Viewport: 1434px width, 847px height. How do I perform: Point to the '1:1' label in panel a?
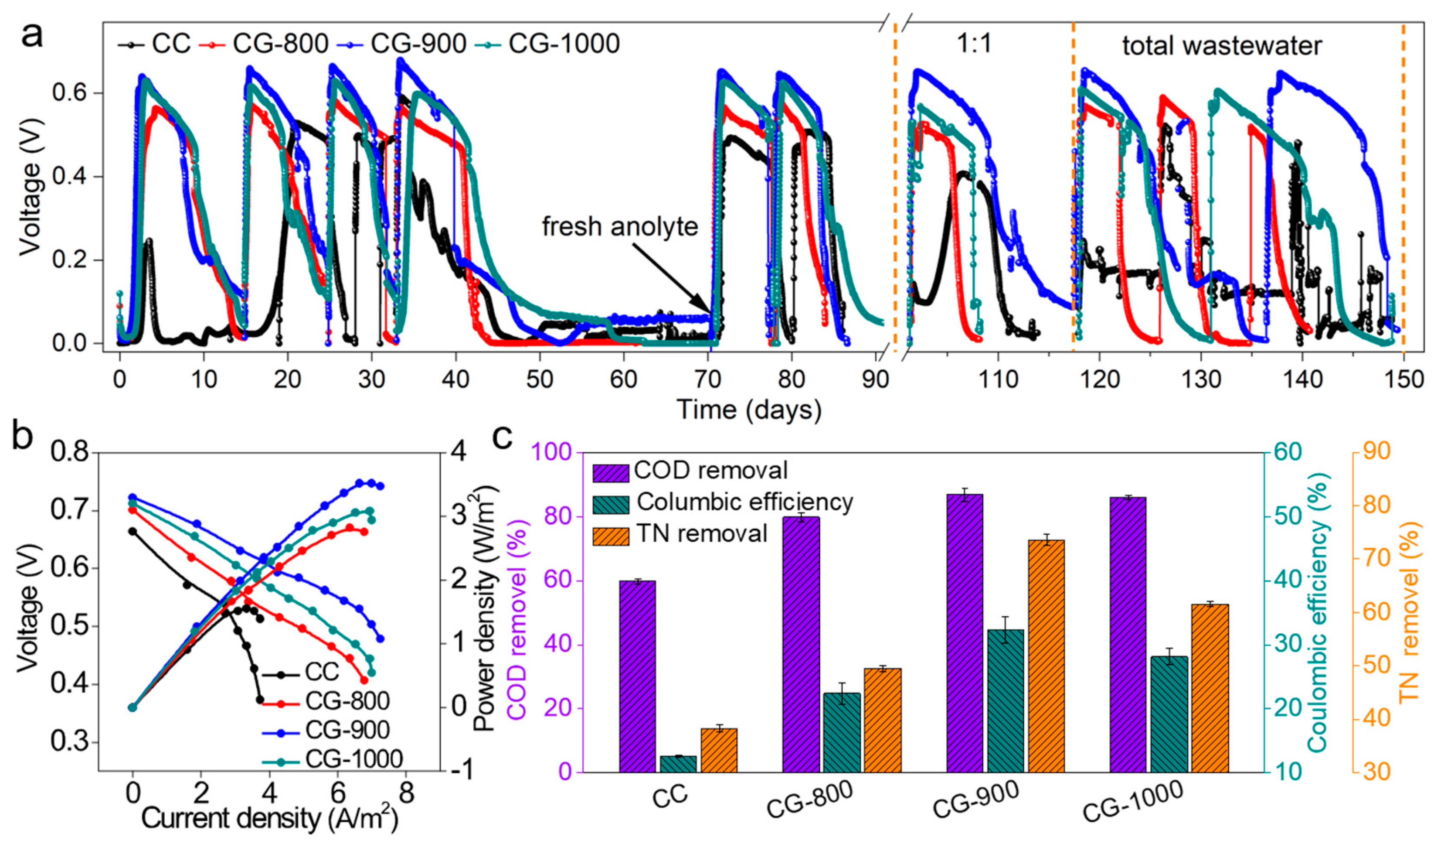[x=974, y=43]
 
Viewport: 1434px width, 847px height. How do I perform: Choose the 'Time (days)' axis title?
[x=748, y=410]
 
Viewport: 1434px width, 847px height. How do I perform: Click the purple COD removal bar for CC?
[x=637, y=676]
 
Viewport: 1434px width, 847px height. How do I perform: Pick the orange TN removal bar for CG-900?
[x=1046, y=656]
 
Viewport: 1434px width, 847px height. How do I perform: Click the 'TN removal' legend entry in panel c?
[x=702, y=534]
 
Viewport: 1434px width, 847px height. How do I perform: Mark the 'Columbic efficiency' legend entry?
[x=744, y=502]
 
